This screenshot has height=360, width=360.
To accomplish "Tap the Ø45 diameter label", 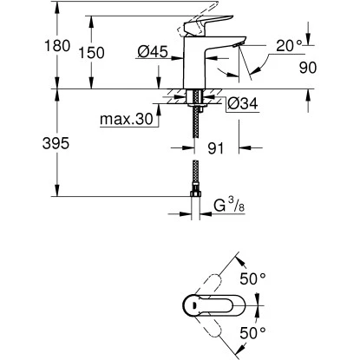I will coord(153,53).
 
